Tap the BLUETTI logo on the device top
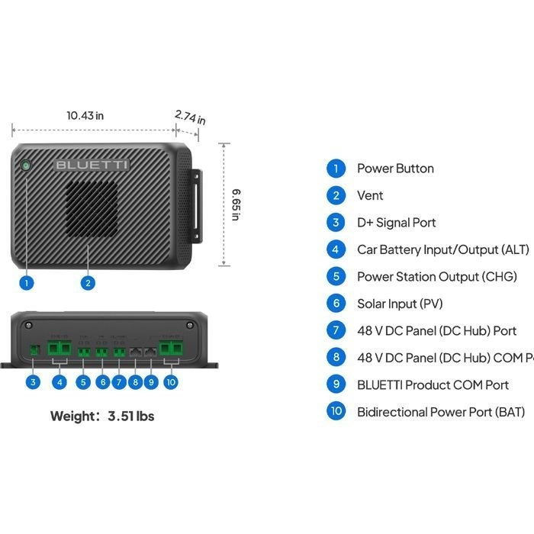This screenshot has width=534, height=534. (x=92, y=165)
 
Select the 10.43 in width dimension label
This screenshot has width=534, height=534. (x=85, y=116)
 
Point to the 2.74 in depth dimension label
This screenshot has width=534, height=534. (x=190, y=117)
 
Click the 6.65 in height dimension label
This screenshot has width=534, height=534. (x=236, y=204)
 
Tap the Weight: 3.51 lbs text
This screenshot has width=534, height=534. (x=102, y=417)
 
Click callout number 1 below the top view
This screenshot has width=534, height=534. (x=27, y=282)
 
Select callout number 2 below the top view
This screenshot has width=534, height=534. (x=88, y=282)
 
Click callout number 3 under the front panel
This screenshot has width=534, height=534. (x=33, y=381)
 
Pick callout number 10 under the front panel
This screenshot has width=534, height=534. (x=171, y=381)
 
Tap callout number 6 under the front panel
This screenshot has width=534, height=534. (x=102, y=381)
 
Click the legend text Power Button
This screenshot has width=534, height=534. (x=395, y=169)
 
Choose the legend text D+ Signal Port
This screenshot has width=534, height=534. (x=397, y=223)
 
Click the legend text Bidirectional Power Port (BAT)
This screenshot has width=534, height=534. (x=441, y=412)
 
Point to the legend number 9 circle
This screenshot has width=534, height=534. (x=336, y=384)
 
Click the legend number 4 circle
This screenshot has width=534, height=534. (x=336, y=249)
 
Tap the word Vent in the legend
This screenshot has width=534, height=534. (x=370, y=195)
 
